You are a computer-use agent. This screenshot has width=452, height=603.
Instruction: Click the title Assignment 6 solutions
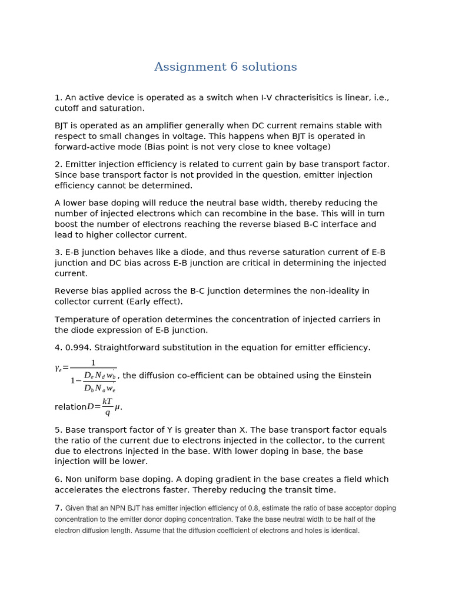pos(225,67)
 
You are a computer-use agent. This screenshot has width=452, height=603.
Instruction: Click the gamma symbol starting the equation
pos(58,369)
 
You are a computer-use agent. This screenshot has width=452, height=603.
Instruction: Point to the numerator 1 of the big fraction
pos(93,363)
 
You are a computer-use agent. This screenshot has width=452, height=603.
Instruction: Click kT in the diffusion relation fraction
pos(107,402)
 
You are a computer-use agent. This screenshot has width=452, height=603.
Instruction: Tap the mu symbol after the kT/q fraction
pos(117,407)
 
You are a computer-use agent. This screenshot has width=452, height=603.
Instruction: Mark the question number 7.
pos(58,508)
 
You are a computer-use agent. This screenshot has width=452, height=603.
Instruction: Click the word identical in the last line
pos(341,531)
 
